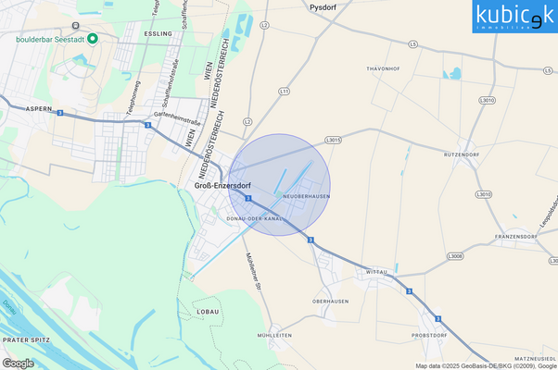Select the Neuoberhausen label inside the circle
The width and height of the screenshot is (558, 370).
[x=307, y=196]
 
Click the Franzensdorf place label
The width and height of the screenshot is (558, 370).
[x=516, y=236]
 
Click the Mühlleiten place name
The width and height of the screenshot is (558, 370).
[x=275, y=335]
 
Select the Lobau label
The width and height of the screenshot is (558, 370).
[x=208, y=312]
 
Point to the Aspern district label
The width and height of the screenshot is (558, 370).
[x=39, y=108]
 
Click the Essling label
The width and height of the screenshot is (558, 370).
[x=159, y=33]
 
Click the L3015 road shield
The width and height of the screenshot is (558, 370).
[x=334, y=140]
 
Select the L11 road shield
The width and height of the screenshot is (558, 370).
[x=284, y=92]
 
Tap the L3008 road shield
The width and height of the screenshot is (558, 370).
[x=454, y=256]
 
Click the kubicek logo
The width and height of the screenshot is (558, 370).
[x=514, y=16]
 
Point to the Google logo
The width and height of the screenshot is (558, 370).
[x=19, y=363]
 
